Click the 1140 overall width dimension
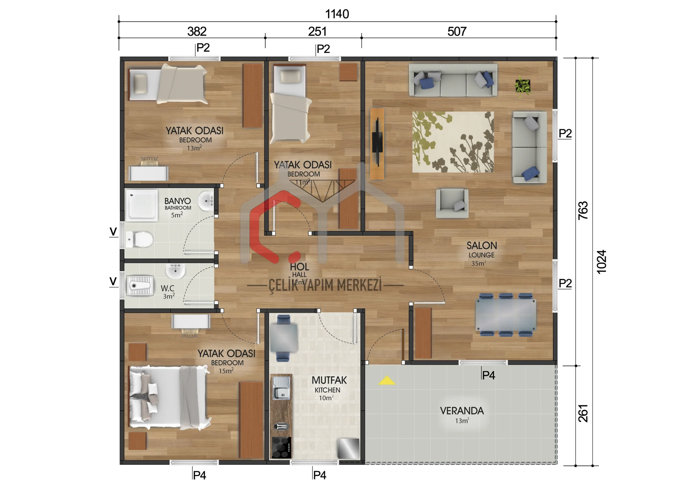337,14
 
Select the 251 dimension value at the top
317,31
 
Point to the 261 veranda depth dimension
583,413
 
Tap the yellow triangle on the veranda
387,380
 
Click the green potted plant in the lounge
523,86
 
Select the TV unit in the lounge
377,144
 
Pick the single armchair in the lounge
452,203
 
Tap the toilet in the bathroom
139,239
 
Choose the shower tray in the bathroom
142,205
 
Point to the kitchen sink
281,388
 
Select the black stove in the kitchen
281,447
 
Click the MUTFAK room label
329,380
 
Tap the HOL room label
299,267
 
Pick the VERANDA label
462,411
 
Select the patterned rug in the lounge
453,142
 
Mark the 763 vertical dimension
583,211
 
